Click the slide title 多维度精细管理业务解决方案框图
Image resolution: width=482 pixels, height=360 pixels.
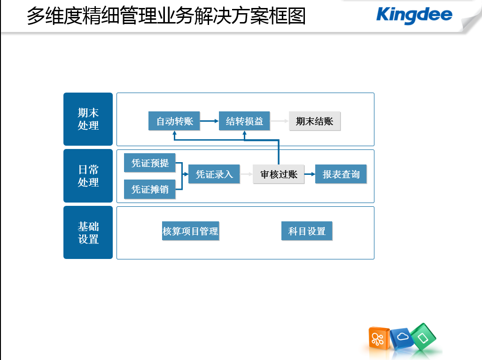166,16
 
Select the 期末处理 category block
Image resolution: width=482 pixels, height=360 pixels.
88,119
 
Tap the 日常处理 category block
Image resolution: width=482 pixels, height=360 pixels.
88,176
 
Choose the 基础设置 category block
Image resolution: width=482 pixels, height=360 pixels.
88,233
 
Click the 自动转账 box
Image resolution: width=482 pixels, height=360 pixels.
174,121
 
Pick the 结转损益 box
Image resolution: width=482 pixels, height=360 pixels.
244,121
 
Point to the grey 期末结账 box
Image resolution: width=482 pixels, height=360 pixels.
314,121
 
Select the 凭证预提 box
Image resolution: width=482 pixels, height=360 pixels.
150,163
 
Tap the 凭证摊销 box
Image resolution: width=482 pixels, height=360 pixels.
150,189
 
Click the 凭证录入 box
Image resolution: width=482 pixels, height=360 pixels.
214,174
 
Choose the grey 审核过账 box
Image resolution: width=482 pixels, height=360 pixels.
279,174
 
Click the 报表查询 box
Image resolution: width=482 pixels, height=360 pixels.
341,174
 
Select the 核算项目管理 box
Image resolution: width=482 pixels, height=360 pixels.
191,231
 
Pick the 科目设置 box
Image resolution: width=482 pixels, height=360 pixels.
307,231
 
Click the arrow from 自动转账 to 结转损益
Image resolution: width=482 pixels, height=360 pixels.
210,121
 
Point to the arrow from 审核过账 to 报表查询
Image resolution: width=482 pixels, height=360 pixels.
310,174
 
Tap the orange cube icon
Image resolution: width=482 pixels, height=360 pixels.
379,338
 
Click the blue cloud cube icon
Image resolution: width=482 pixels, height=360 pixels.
402,338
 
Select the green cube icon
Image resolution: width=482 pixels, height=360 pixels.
423,337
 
